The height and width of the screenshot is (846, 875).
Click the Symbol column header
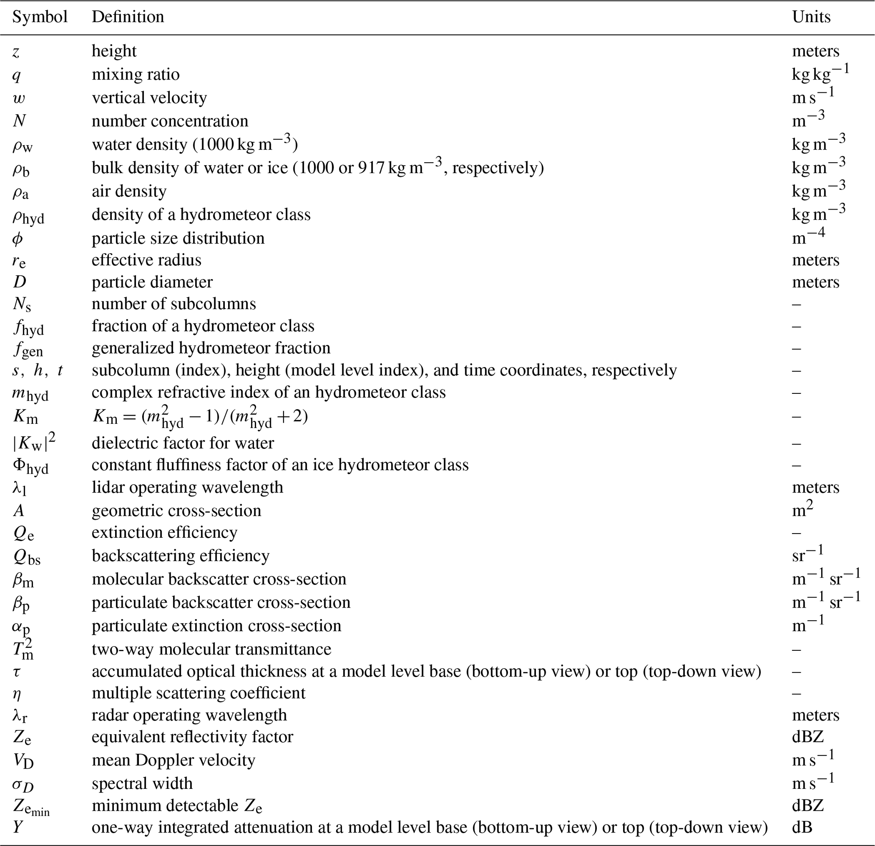40,17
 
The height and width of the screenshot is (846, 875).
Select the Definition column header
128,17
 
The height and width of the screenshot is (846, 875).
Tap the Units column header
811,17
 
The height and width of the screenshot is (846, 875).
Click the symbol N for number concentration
19,121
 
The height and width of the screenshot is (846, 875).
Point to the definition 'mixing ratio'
136,74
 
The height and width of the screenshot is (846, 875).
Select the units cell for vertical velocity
813,96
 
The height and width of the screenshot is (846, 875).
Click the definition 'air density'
129,191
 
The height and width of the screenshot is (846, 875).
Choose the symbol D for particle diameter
19,282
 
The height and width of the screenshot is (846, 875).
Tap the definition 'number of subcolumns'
174,304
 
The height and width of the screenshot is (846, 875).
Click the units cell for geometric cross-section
803,509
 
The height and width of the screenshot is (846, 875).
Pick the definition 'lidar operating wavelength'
188,487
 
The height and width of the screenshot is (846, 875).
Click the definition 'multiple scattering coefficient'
199,693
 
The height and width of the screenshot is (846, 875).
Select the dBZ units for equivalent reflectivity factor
808,737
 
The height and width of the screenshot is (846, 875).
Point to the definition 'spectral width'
142,783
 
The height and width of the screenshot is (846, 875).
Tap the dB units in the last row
802,827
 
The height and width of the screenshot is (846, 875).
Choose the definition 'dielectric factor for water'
183,443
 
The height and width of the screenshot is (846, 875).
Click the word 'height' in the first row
114,51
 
